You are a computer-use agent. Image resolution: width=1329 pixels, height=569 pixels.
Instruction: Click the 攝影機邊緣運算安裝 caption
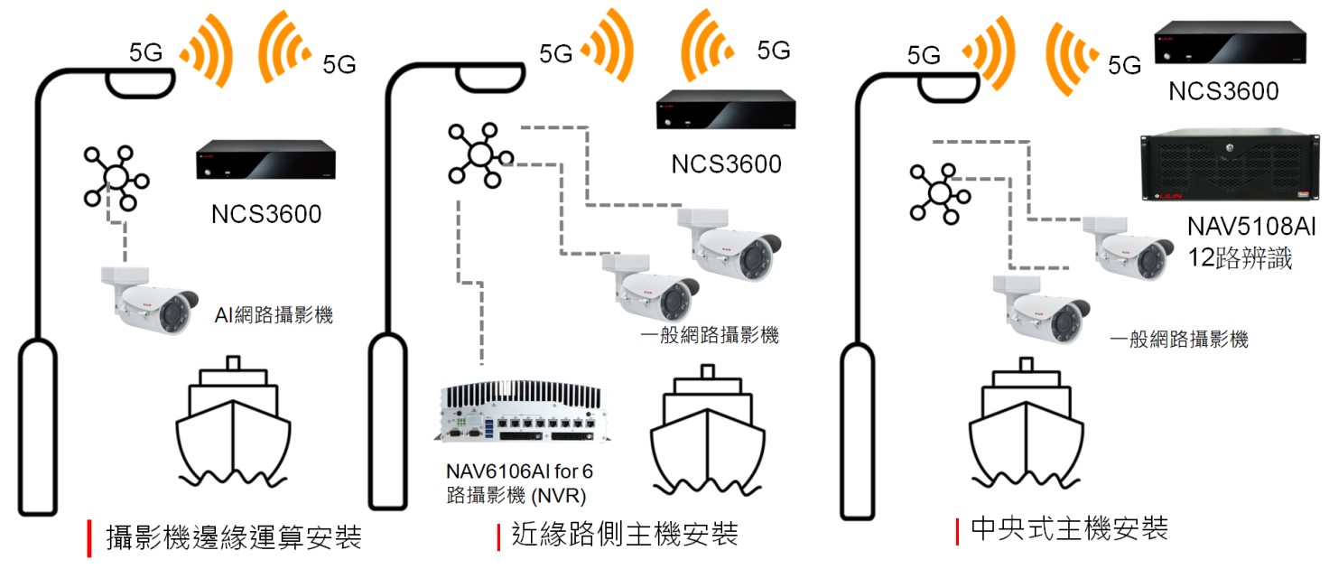click(234, 536)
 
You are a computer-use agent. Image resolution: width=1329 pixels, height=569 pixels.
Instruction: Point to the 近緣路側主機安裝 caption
click(624, 534)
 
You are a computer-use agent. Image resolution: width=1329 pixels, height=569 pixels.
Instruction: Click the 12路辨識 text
click(1240, 259)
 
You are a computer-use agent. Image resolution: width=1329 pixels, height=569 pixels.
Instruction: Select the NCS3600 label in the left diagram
click(266, 215)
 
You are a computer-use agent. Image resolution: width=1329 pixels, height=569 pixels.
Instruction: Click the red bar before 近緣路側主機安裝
click(498, 536)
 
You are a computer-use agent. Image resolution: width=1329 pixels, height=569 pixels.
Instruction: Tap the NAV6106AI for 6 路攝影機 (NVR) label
click(519, 482)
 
